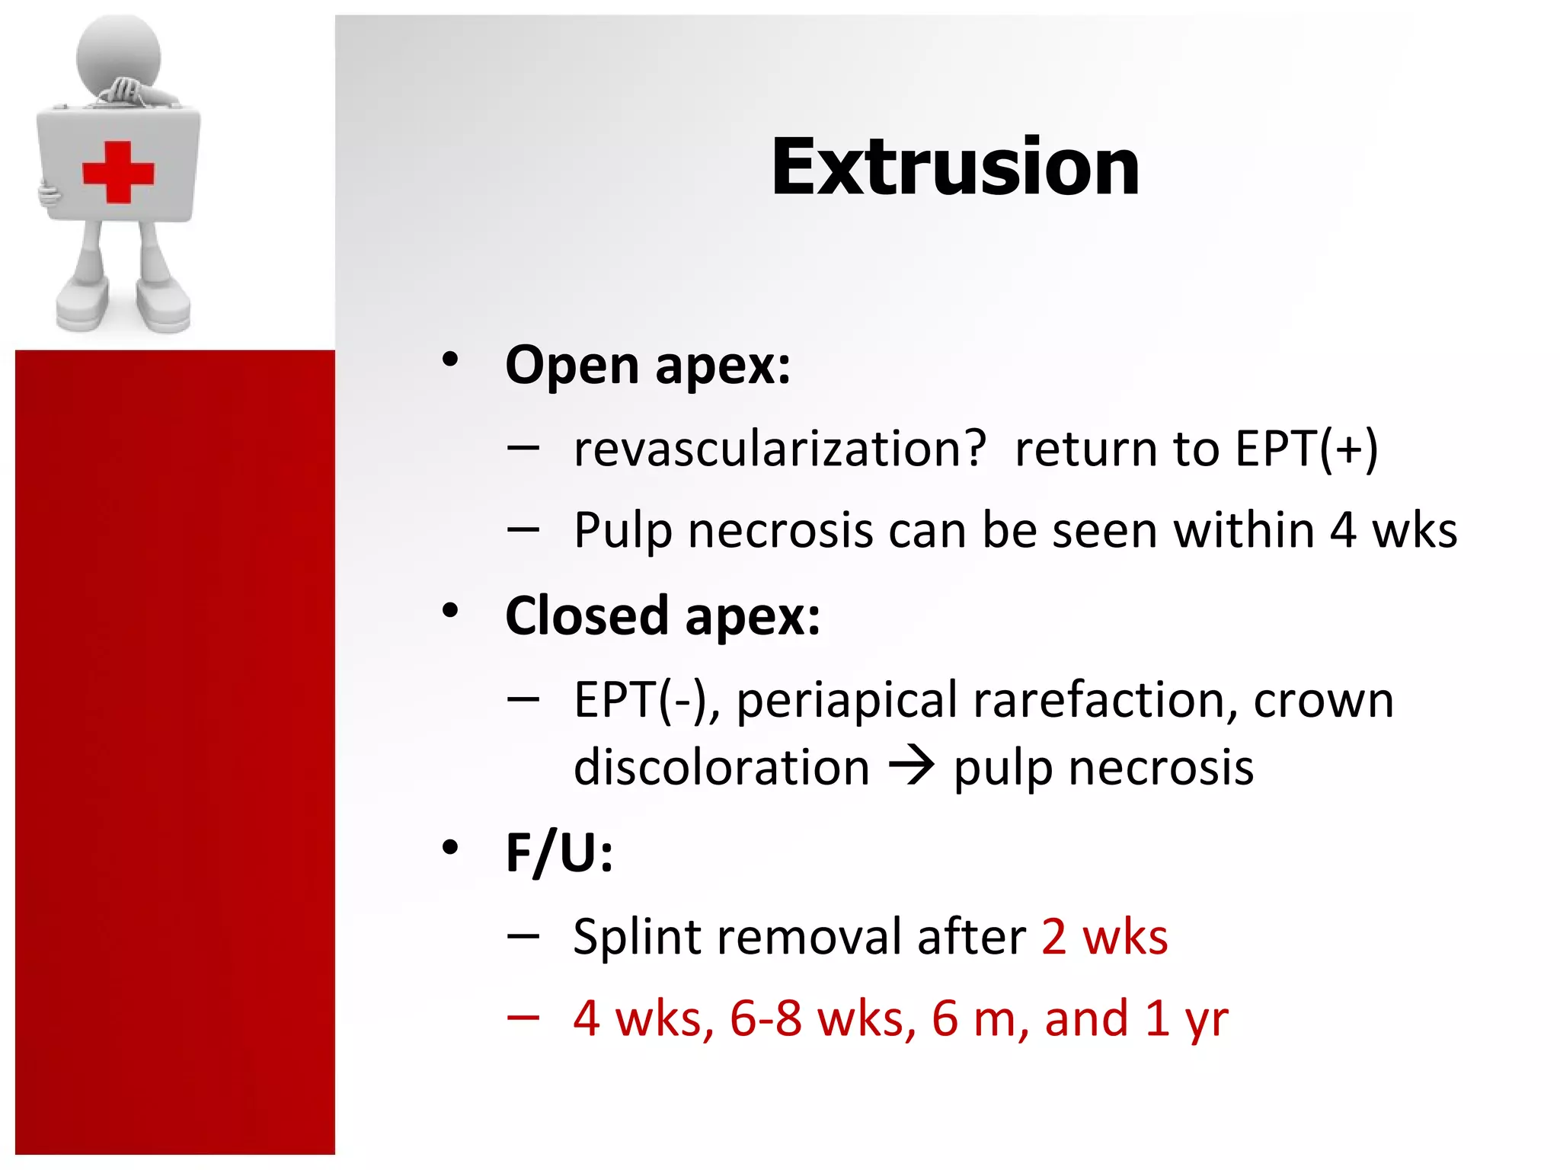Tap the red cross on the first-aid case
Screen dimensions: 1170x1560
tap(118, 172)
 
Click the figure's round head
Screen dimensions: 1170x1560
tap(119, 53)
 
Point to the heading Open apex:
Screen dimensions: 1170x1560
tap(647, 366)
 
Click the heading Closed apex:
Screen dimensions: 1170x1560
tap(663, 615)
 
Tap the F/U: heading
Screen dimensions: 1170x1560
tap(558, 852)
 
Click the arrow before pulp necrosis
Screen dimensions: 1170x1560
tap(911, 766)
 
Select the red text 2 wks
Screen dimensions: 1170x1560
tap(1104, 936)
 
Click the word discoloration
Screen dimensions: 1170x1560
tap(721, 767)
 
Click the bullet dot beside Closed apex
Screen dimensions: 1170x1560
tap(450, 610)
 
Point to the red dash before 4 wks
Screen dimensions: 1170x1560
tap(523, 1017)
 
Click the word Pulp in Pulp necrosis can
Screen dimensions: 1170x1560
tap(623, 531)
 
